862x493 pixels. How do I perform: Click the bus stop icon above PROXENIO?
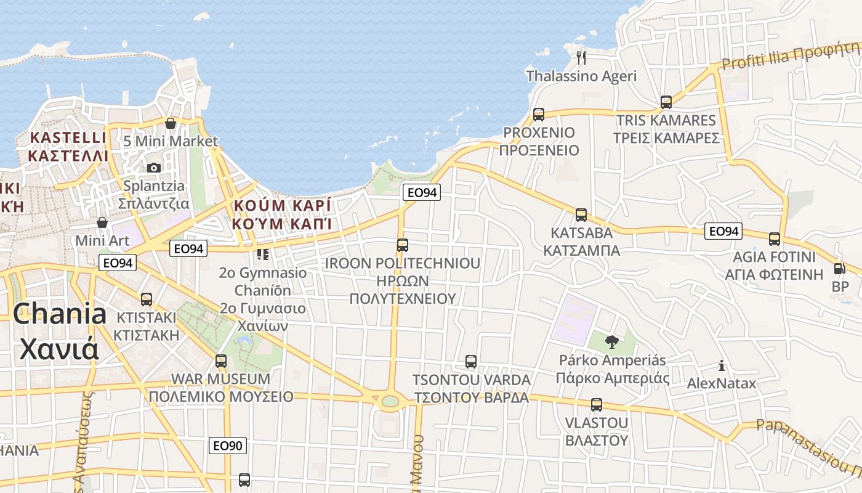[x=539, y=114]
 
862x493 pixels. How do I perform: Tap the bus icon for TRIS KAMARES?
[x=666, y=102]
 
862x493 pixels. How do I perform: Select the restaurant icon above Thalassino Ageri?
[x=581, y=58]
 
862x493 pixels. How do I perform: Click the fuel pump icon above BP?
[x=839, y=269]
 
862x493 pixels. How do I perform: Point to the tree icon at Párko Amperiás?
[x=611, y=341]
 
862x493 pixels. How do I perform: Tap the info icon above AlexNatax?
[x=722, y=365]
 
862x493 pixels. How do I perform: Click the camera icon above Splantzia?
[x=154, y=168]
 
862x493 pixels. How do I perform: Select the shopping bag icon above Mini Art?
[x=102, y=222]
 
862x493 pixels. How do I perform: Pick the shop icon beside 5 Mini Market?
[x=171, y=124]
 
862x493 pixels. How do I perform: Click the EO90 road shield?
[x=228, y=446]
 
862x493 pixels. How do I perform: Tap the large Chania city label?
[x=59, y=331]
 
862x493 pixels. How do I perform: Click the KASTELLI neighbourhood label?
[x=68, y=146]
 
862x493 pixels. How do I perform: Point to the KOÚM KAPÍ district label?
[x=282, y=214]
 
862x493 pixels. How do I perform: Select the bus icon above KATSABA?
[x=581, y=215]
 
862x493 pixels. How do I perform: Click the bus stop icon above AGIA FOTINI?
[x=775, y=239]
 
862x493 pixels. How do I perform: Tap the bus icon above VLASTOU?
[x=596, y=405]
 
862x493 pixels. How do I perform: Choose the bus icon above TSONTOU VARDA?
[x=471, y=362]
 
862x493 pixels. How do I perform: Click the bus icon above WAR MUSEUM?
[x=221, y=361]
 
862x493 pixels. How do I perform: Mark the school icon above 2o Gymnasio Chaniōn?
[x=263, y=254]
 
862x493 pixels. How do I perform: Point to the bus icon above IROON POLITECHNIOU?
[x=403, y=245]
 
